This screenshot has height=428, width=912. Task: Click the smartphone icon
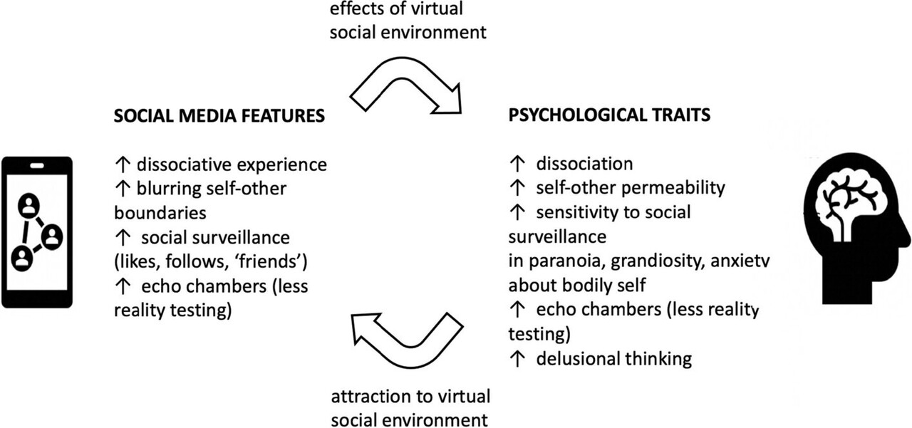tap(36, 231)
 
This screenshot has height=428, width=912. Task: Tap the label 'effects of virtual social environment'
tap(408, 21)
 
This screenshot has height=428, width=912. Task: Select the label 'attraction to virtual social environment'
tap(410, 407)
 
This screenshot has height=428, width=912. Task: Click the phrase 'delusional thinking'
tap(613, 357)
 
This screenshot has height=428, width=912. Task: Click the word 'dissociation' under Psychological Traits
tap(584, 163)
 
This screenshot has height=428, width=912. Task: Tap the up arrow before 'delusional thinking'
tap(517, 357)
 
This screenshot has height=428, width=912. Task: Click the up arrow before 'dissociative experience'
tap(122, 165)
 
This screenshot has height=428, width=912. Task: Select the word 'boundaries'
tap(159, 212)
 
